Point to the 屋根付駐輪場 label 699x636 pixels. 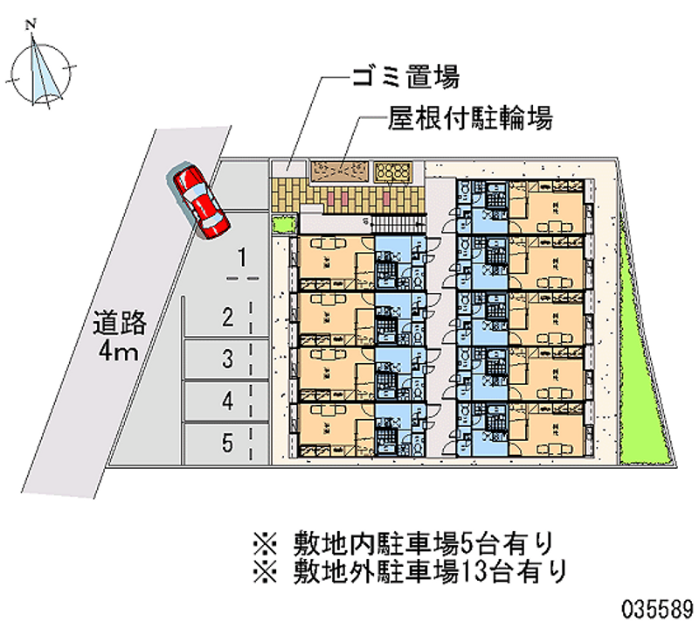(469, 119)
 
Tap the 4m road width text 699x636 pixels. (118, 353)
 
